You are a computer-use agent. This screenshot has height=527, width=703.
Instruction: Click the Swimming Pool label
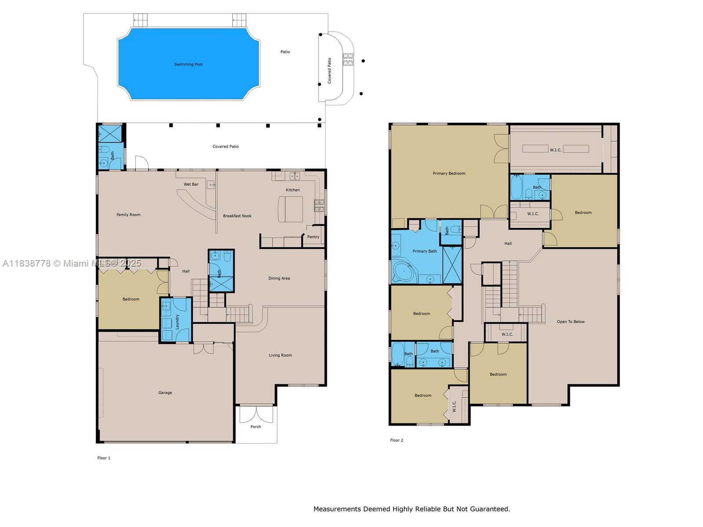point(188,64)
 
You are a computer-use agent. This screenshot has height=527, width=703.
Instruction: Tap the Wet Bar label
point(191,184)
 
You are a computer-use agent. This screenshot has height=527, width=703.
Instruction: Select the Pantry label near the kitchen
point(313,237)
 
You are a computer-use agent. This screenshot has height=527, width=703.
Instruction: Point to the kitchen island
point(290,209)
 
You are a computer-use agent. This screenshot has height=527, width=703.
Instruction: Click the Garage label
point(165,393)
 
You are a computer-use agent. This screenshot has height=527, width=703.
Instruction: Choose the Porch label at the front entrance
point(256,426)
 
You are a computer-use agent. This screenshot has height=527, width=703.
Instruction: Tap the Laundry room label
point(177,322)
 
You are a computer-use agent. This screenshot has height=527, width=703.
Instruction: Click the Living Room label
point(280,355)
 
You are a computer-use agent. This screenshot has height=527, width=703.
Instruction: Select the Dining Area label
point(279,278)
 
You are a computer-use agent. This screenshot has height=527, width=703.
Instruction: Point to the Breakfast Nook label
point(237,216)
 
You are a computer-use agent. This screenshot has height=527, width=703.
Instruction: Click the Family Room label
point(128,215)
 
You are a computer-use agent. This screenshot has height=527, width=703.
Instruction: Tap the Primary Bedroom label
point(449,173)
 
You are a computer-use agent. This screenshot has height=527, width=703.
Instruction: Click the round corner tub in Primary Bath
point(404,273)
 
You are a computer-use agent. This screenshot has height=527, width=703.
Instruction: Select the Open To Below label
point(570,321)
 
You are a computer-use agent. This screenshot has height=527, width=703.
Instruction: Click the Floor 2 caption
point(396,440)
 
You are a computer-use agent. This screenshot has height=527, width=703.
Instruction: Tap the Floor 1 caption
point(104,458)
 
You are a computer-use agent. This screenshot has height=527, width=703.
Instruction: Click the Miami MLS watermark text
point(72,263)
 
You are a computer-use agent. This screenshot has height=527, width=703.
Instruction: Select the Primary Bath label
point(424,251)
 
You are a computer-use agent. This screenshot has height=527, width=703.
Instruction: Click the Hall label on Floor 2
point(508,243)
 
